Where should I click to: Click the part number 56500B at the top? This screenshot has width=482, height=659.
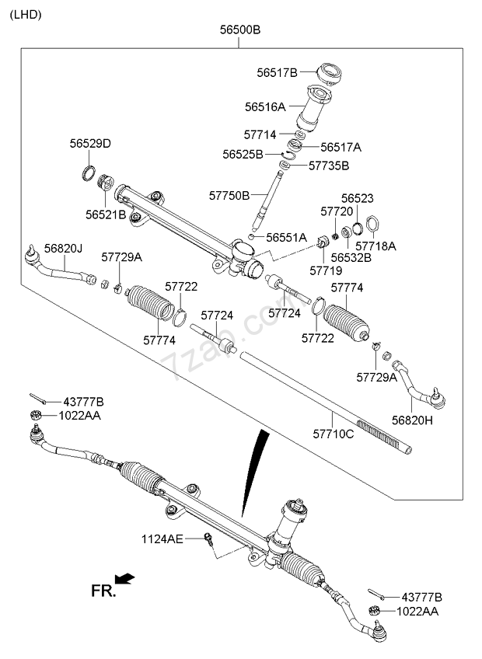tap(239, 30)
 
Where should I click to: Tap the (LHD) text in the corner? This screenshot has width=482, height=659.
tap(26, 14)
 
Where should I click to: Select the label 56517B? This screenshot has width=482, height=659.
tap(278, 73)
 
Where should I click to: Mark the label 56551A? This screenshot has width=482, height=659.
tap(287, 237)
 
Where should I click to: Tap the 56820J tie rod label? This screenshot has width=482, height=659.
tap(63, 248)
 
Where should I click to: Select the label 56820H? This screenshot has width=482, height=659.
tap(411, 420)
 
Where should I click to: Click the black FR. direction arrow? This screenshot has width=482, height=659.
tap(124, 578)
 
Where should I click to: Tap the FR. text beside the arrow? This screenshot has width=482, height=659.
tap(103, 591)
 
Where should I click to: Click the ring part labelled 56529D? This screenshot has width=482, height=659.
tap(90, 172)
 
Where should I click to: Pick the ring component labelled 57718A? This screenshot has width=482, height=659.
tap(372, 226)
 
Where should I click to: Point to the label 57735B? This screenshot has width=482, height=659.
tap(329, 166)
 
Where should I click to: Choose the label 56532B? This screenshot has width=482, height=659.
tap(351, 256)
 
